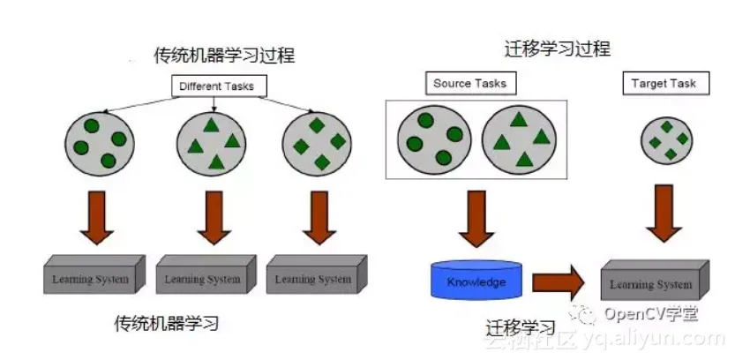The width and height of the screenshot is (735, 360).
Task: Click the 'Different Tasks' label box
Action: click(217, 86)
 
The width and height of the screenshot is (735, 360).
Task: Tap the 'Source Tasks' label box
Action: click(469, 84)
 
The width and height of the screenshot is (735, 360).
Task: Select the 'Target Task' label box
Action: click(663, 84)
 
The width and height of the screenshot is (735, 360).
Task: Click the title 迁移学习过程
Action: click(556, 49)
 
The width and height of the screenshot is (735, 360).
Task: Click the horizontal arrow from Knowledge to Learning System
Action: click(557, 282)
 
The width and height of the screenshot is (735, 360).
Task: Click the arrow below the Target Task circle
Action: click(664, 213)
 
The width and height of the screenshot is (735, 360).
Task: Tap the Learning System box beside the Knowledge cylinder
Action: click(654, 282)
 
